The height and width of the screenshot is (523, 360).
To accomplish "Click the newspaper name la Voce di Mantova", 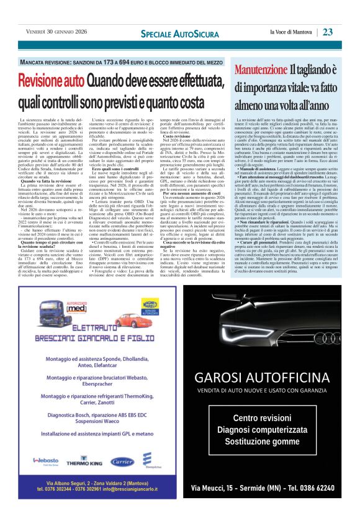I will pyautogui.click(x=291, y=32).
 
